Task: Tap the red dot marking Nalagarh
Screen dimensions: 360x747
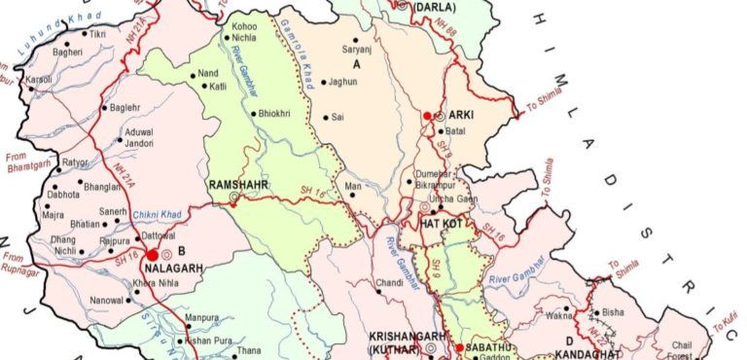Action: (x=153, y=254)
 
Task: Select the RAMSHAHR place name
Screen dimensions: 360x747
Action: (x=233, y=183)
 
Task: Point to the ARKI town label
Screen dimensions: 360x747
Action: (x=460, y=115)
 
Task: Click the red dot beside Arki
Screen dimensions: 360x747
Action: (x=426, y=117)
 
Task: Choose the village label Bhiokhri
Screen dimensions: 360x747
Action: (x=273, y=114)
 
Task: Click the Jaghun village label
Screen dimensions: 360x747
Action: (x=346, y=82)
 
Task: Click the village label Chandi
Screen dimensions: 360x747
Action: (x=389, y=284)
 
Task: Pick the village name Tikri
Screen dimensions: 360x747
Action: (x=97, y=35)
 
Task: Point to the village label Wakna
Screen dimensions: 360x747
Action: (x=557, y=315)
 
